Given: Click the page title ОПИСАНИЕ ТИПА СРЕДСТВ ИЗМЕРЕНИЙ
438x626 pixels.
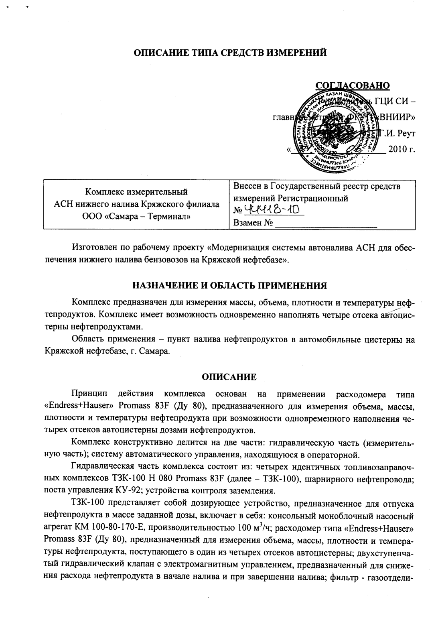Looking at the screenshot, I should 229,53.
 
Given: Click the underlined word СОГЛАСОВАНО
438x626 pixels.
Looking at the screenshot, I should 353,85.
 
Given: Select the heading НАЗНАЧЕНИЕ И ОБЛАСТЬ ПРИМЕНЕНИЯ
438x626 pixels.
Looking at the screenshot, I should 229,286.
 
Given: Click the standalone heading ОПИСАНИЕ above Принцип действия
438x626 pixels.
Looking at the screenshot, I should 229,376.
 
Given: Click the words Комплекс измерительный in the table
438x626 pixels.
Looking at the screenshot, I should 136,191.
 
